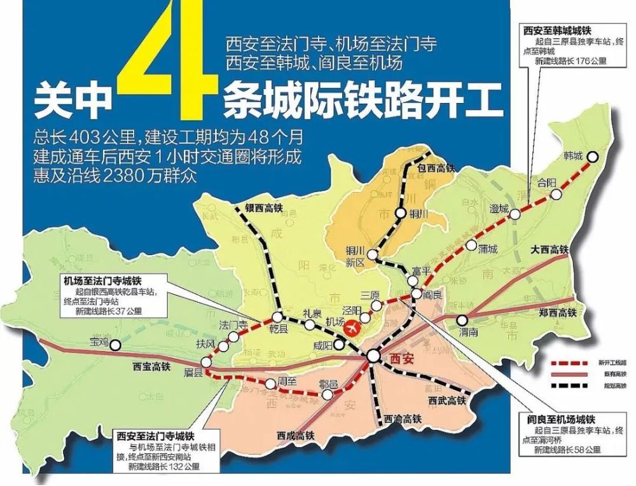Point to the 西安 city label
[x=400, y=358]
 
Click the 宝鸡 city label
[x=100, y=342]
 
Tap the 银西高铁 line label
[x=263, y=207]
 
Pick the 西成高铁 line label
[x=296, y=436]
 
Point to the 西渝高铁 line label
[x=403, y=418]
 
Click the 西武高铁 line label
[x=446, y=400]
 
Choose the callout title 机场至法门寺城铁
[x=102, y=280]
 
